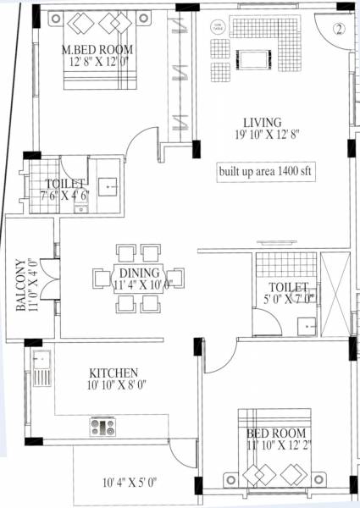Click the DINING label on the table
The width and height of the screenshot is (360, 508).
139,273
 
